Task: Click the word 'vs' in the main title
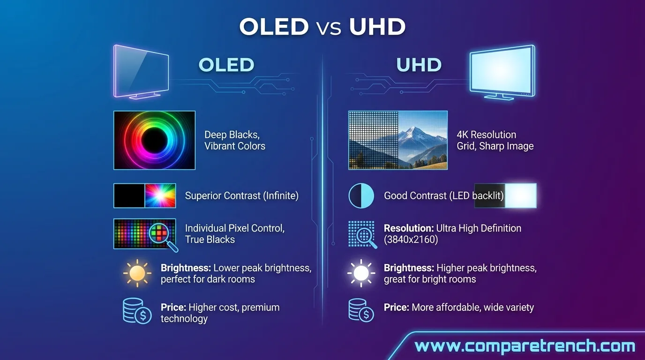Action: coord(329,28)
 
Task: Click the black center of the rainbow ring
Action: coord(154,140)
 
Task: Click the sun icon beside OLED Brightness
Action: coord(137,273)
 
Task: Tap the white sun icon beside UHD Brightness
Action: coord(361,273)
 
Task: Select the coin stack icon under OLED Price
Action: coord(136,311)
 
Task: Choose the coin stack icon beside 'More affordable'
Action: coord(361,310)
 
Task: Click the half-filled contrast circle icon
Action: coord(361,195)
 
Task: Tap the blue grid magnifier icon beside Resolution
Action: coord(362,234)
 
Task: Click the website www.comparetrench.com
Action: coord(525,347)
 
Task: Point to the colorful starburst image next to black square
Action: coord(160,195)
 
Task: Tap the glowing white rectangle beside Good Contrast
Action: coord(520,195)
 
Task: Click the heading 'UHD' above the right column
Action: coord(419,65)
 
